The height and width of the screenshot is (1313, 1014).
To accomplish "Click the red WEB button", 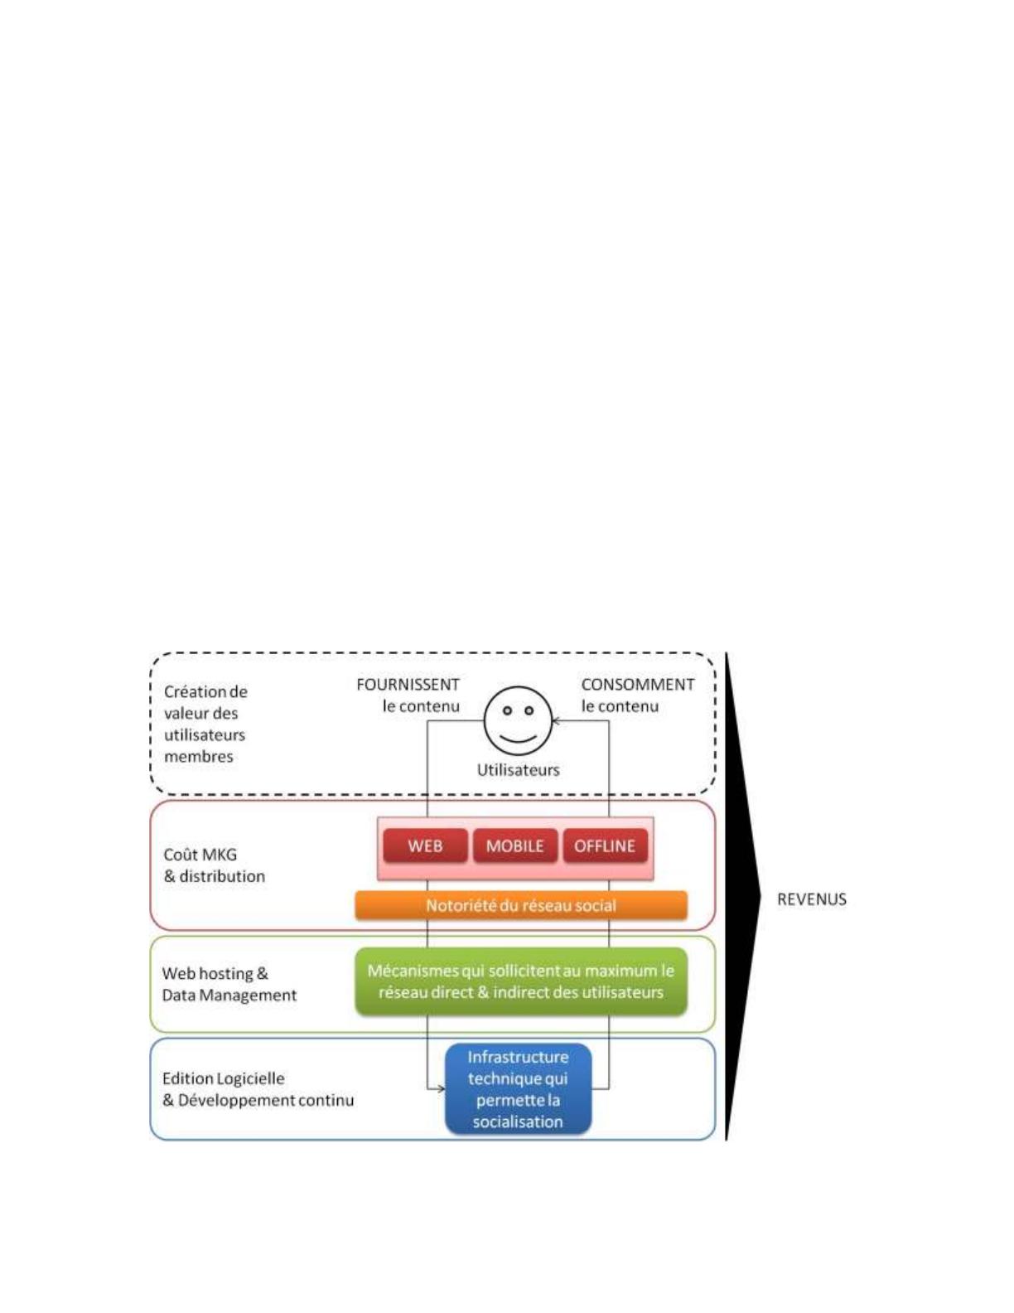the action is (x=425, y=845).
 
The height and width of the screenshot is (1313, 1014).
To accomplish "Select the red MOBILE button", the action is (x=515, y=845).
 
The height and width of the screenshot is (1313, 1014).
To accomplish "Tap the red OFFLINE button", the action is (x=605, y=845).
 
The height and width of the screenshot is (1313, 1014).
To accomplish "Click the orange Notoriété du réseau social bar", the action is (x=520, y=905).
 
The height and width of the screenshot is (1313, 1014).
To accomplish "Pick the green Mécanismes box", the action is (x=520, y=981).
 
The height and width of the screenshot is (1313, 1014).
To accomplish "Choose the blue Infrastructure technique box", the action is (x=518, y=1089).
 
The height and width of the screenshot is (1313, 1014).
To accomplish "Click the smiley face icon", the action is (x=518, y=720).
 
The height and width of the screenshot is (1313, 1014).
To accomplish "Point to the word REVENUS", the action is (x=811, y=899).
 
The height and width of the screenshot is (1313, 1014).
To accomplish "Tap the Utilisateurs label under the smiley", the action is (x=518, y=770).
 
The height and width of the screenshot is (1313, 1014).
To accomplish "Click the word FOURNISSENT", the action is (x=408, y=685).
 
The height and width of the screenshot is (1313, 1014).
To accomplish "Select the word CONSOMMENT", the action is (x=638, y=685).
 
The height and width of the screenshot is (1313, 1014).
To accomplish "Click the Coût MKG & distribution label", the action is (x=215, y=865).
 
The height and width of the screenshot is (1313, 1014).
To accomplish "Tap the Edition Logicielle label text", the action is (x=258, y=1089).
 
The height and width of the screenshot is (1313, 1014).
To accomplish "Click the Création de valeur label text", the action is (x=206, y=724).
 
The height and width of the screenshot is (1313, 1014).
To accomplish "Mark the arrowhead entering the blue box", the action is (x=442, y=1089).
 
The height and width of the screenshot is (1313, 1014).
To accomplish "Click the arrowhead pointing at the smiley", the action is (x=557, y=721).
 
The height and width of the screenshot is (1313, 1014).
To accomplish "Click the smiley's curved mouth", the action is (x=518, y=739).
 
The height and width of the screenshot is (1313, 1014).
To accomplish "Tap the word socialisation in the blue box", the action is (x=518, y=1122).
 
